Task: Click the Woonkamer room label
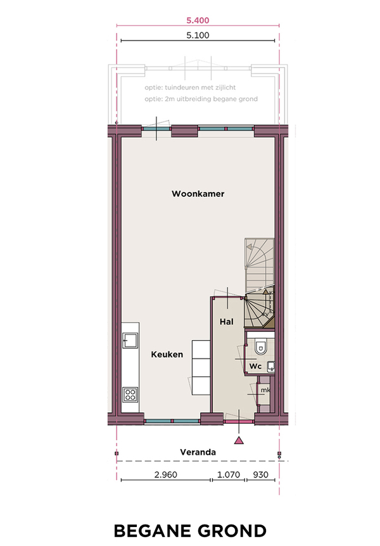(198, 194)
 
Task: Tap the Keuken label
(167, 355)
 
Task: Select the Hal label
(226, 322)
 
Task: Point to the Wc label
(255, 366)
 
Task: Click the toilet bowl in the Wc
(260, 346)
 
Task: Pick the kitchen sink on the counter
(130, 340)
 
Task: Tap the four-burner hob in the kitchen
(130, 395)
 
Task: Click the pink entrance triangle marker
(239, 440)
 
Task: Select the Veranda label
(198, 452)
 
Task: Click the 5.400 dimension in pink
(198, 20)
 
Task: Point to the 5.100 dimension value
(198, 35)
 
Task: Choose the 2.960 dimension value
(165, 474)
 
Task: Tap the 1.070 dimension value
(229, 474)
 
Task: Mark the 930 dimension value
(260, 474)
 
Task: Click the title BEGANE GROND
(190, 531)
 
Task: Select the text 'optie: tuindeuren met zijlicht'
(190, 87)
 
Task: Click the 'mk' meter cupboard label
(265, 390)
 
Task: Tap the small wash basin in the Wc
(270, 366)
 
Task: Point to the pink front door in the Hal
(239, 421)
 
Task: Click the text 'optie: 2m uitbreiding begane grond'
(201, 99)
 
